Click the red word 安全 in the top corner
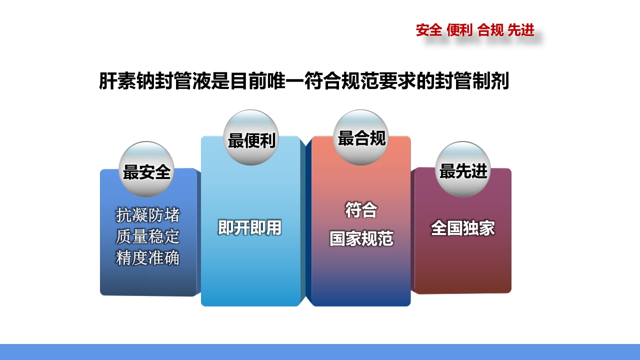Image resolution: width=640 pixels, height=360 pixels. point(429,30)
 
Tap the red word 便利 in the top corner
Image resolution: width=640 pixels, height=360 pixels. point(459,30)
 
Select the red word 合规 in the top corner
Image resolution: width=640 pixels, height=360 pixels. point(490,30)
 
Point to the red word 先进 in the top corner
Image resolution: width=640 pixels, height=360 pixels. point(521,30)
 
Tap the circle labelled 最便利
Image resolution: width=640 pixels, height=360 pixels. point(251,137)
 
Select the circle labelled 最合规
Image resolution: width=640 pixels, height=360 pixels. point(361,137)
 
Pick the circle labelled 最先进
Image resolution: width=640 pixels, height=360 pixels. point(463,169)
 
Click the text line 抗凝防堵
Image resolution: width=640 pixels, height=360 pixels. point(147,215)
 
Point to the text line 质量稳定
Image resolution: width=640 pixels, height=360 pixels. point(147,236)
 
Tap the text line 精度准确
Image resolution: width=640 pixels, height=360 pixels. point(147,258)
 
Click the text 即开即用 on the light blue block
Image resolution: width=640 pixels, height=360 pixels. point(249,228)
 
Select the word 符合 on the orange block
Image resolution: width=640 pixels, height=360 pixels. point(361,210)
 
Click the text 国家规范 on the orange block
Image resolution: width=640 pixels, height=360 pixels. point(361,239)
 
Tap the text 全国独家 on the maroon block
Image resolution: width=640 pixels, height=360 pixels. point(463,228)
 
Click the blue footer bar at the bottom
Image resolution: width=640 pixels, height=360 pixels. point(320,352)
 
